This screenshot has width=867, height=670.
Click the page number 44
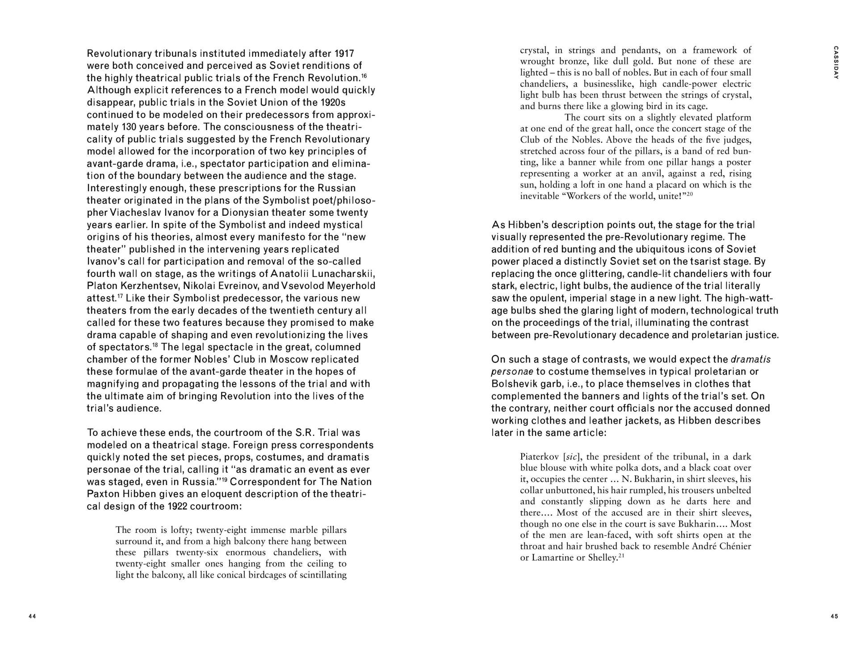(x=32, y=616)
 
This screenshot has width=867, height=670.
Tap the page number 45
(x=834, y=616)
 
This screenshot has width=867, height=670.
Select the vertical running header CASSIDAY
(x=836, y=63)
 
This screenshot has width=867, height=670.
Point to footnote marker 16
(x=364, y=75)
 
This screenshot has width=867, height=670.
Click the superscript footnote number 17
(x=120, y=295)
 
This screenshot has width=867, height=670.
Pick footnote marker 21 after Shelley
(x=621, y=555)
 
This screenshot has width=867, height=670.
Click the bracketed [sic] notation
(x=571, y=456)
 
